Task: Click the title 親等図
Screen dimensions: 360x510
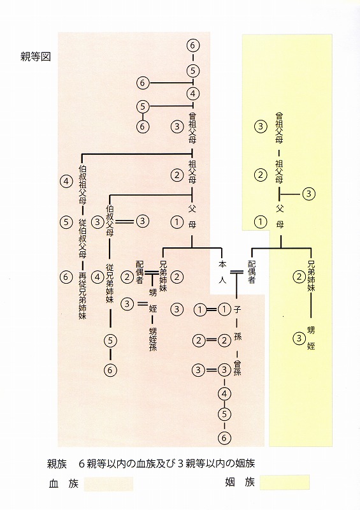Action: click(x=36, y=57)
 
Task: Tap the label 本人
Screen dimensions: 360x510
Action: click(x=222, y=272)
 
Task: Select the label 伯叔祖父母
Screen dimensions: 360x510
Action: click(x=82, y=184)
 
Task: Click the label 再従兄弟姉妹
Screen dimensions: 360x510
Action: click(x=82, y=296)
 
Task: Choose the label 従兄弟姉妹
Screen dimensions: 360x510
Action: click(x=110, y=283)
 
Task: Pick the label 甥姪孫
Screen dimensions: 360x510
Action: click(x=153, y=339)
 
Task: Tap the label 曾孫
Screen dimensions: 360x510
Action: click(x=238, y=368)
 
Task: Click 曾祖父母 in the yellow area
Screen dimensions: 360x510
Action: click(x=279, y=127)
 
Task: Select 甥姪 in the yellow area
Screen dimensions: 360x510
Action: click(x=311, y=338)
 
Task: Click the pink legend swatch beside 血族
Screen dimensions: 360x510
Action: click(x=108, y=484)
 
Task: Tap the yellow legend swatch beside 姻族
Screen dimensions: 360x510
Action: click(x=285, y=482)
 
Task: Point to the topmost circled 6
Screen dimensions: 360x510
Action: click(x=193, y=45)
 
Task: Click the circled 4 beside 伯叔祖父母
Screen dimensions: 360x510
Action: click(x=66, y=181)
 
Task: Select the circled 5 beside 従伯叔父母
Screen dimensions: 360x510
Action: click(x=66, y=222)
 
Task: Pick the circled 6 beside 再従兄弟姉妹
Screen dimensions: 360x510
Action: click(x=66, y=277)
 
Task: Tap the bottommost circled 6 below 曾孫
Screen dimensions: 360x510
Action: click(x=224, y=438)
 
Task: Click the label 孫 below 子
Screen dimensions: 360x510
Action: click(x=238, y=337)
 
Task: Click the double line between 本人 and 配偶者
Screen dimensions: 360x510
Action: click(x=237, y=273)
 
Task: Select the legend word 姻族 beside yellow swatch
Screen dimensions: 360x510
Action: click(x=240, y=482)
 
